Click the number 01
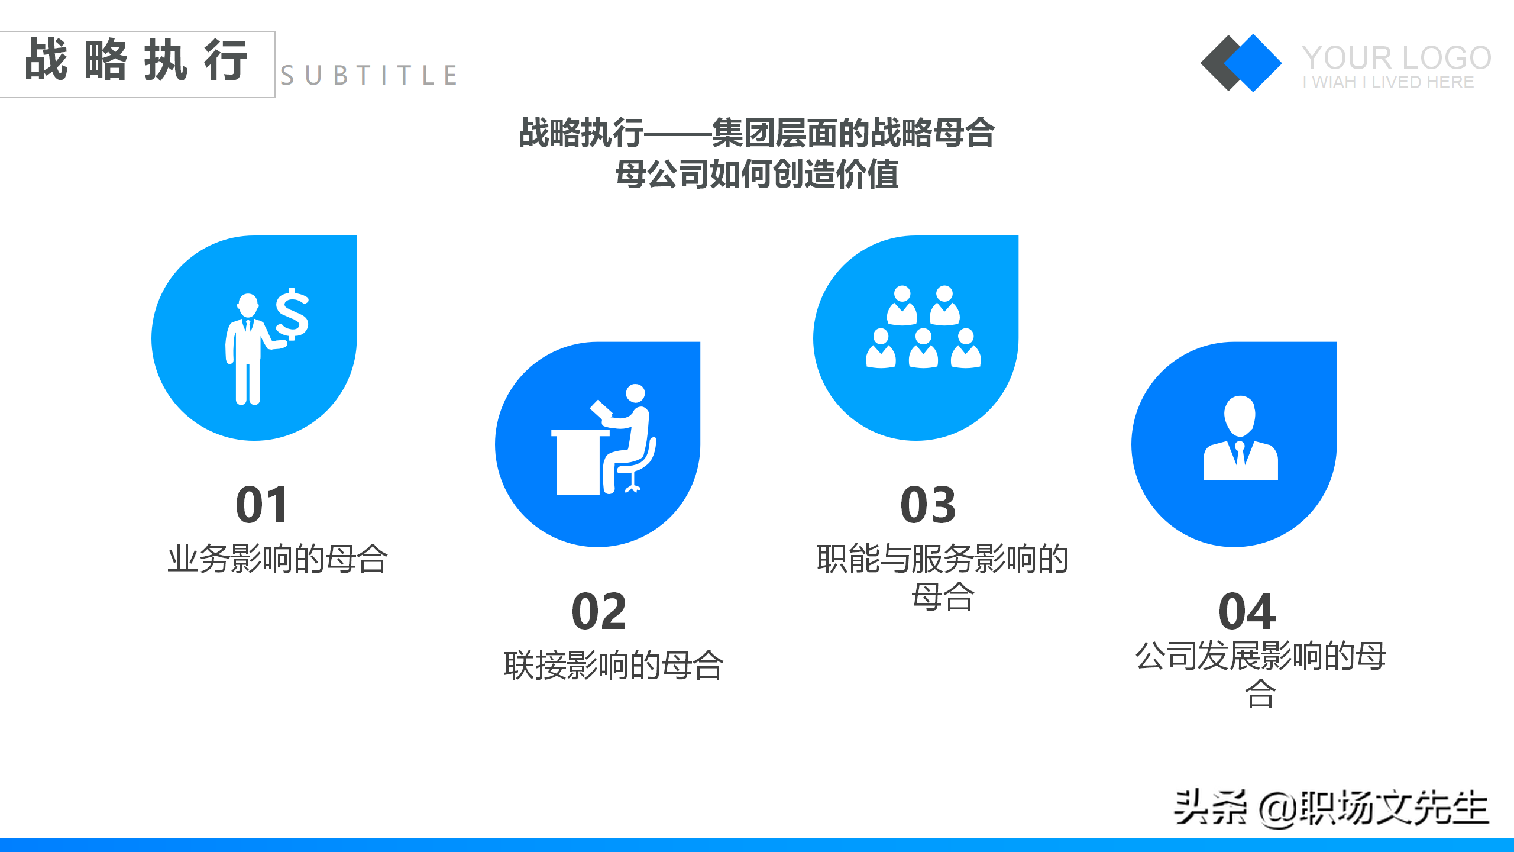pos(262,505)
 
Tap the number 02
pos(599,611)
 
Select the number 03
pos(928,505)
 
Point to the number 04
pos(1247,611)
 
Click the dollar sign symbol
pos(292,314)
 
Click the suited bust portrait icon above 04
pos(1240,438)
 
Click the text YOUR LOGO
pos(1396,58)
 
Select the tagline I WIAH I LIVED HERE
pos(1388,82)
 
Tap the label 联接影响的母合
pos(613,665)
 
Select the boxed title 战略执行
pos(137,60)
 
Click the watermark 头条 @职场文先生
pos(1331,808)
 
